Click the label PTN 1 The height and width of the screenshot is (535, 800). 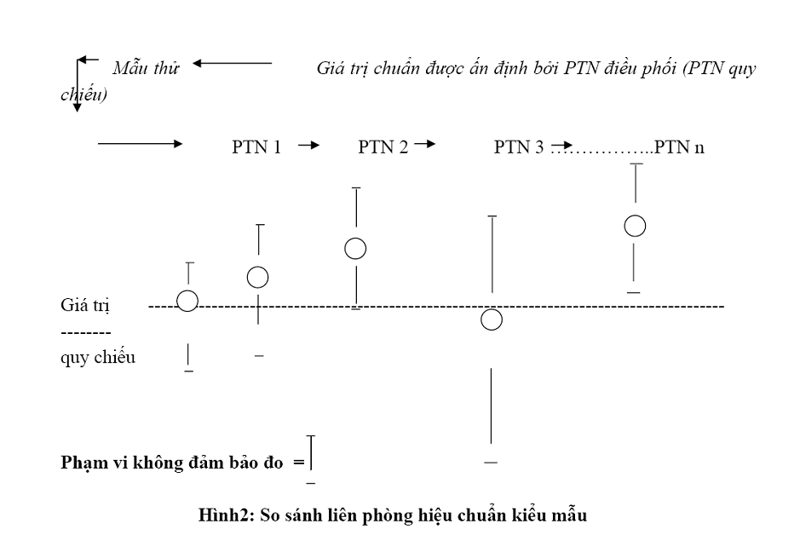pos(256,147)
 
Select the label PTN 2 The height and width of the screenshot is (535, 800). pos(383,147)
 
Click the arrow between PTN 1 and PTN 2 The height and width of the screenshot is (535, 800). pos(308,146)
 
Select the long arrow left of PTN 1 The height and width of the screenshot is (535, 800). pos(141,145)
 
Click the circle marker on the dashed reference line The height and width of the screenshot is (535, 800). pos(187,301)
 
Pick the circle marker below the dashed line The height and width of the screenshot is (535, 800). pos(491,319)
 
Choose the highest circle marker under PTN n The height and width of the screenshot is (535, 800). pos(635,226)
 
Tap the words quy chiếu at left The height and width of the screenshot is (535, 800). pos(98,357)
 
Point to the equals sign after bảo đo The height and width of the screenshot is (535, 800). pos(298,463)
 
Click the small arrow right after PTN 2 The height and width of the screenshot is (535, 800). pos(423,145)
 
